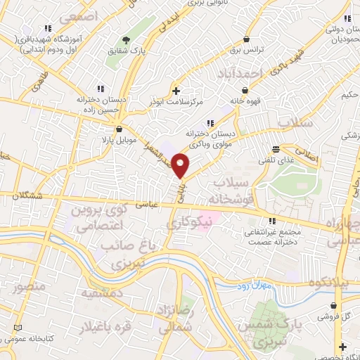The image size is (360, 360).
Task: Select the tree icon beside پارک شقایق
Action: [126, 39]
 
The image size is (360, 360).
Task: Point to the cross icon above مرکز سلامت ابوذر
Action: [176, 90]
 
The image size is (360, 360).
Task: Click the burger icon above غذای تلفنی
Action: [276, 149]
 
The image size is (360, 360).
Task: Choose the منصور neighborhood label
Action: [28, 287]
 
